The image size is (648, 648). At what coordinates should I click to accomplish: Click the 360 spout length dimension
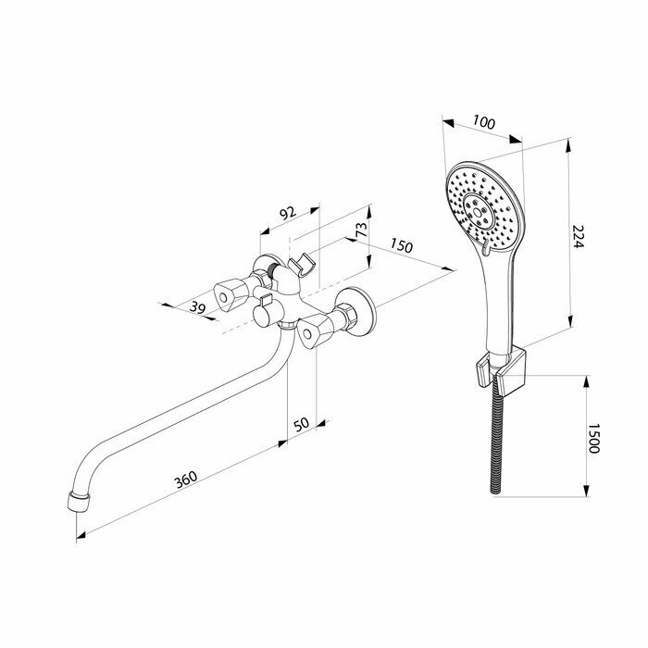tap(185, 480)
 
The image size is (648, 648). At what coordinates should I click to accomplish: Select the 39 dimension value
tap(197, 308)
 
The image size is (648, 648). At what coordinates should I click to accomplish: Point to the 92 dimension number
tap(287, 213)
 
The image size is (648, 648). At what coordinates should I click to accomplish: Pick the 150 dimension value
tap(400, 247)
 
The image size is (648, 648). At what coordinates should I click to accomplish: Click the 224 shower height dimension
tap(579, 236)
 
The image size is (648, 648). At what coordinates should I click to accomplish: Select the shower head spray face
tap(481, 207)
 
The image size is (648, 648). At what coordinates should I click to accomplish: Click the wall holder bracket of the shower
tap(500, 369)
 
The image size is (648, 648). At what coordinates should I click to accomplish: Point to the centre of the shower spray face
tap(480, 208)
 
